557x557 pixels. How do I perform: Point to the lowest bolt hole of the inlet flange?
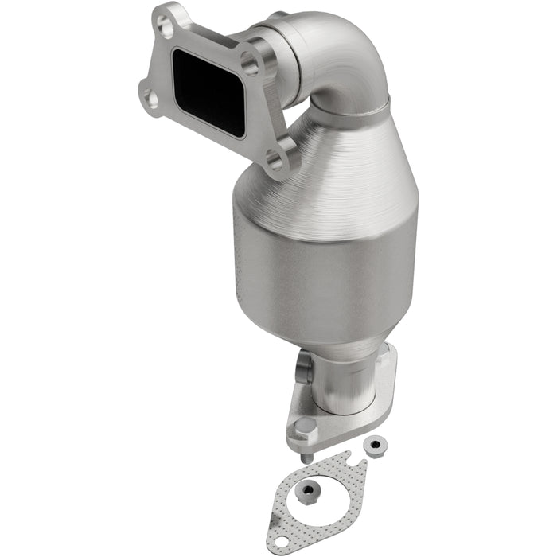point(275,163)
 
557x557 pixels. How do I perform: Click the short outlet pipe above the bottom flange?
point(342,382)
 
